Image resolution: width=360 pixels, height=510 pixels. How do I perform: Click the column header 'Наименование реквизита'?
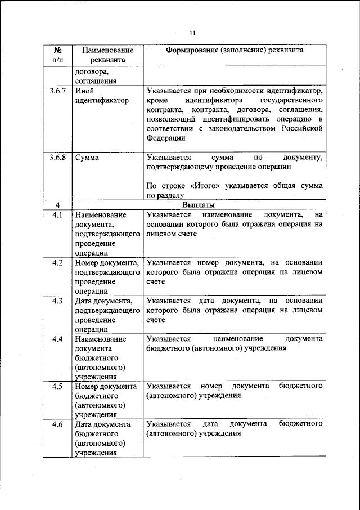(107, 54)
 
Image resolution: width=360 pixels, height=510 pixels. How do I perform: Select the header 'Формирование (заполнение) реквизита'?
(235, 50)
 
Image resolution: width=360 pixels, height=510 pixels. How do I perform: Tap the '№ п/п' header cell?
(57, 54)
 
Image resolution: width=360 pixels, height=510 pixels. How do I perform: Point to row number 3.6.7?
(57, 90)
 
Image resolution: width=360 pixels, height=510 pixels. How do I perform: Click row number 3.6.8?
(57, 158)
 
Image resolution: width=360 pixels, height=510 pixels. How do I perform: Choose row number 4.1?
(57, 215)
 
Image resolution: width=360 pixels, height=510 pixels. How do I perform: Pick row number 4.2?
(57, 263)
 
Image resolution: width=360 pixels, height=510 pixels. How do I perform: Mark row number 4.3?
(57, 301)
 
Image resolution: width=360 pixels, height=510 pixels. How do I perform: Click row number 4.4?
(57, 339)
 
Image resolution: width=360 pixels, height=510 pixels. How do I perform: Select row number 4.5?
(57, 387)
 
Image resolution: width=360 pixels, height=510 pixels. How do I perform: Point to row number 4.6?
(57, 424)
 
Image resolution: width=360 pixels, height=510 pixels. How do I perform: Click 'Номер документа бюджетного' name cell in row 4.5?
(106, 391)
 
